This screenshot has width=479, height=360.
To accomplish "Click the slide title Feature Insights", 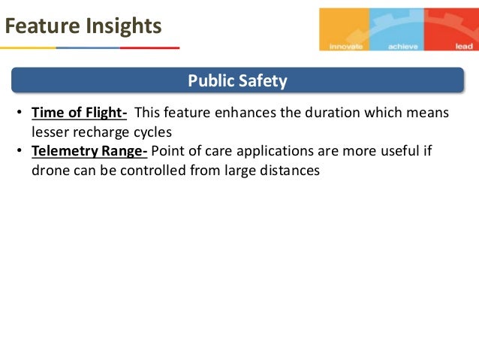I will click(x=82, y=26).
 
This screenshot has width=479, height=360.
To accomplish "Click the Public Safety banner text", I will click(x=237, y=80).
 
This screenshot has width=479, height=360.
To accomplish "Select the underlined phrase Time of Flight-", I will click(x=79, y=113).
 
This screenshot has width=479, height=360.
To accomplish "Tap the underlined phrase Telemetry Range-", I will click(x=90, y=150).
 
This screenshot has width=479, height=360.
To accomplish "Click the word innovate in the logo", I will click(x=346, y=46).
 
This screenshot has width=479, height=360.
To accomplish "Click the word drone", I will click(x=50, y=170).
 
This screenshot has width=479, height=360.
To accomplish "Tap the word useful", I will click(x=403, y=150).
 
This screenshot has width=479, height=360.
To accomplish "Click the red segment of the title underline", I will click(x=149, y=48).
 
